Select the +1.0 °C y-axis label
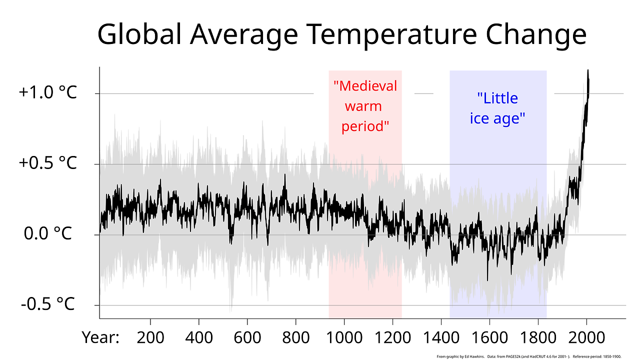click(x=48, y=93)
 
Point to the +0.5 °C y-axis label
click(x=48, y=163)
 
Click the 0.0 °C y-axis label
click(x=48, y=233)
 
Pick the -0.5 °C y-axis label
click(x=48, y=303)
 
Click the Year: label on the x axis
click(x=100, y=338)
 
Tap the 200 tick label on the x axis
click(x=150, y=338)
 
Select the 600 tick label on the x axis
click(x=247, y=338)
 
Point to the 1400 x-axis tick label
click(x=441, y=338)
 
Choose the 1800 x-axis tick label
click(x=538, y=338)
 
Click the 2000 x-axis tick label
click(x=586, y=338)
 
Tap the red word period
click(x=365, y=126)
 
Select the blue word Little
click(x=497, y=98)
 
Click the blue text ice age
click(x=497, y=119)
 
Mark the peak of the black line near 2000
click(x=588, y=70)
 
